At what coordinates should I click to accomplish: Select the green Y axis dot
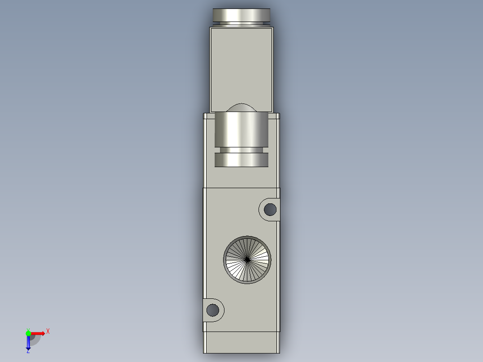pyautogui.click(x=28, y=333)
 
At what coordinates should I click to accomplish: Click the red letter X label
pyautogui.click(x=48, y=332)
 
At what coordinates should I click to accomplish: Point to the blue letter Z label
pyautogui.click(x=28, y=351)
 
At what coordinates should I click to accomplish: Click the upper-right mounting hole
pyautogui.click(x=270, y=209)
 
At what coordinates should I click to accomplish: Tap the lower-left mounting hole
pyautogui.click(x=213, y=310)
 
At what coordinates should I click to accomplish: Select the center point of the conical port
pyautogui.click(x=247, y=259)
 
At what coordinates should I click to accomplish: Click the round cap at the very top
pyautogui.click(x=241, y=14)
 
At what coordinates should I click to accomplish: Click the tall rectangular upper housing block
pyautogui.click(x=241, y=67)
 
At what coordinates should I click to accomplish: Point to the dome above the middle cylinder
pyautogui.click(x=241, y=108)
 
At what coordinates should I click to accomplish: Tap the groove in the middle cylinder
pyautogui.click(x=241, y=150)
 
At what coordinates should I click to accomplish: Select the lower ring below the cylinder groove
pyautogui.click(x=241, y=159)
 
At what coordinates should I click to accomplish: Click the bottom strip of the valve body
pyautogui.click(x=241, y=343)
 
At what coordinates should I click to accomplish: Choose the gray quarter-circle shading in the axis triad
pyautogui.click(x=35, y=339)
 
